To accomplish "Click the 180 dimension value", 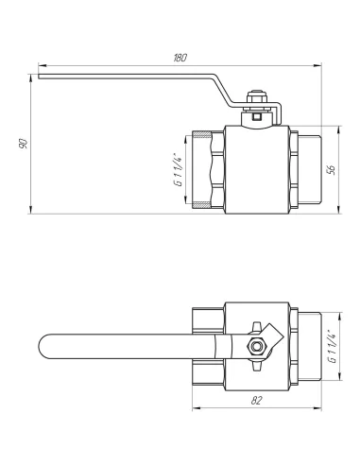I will coord(180,58).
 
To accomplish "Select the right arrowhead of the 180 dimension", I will coord(317,66).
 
